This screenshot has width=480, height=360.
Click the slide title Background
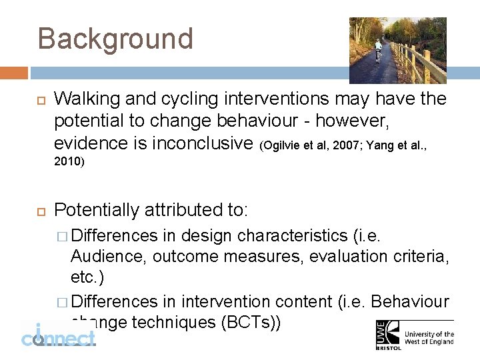(x=115, y=39)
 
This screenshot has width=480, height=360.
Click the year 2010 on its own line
(x=69, y=162)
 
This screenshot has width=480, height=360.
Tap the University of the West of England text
(x=429, y=338)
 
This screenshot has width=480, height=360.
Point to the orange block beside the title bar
(x=14, y=73)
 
